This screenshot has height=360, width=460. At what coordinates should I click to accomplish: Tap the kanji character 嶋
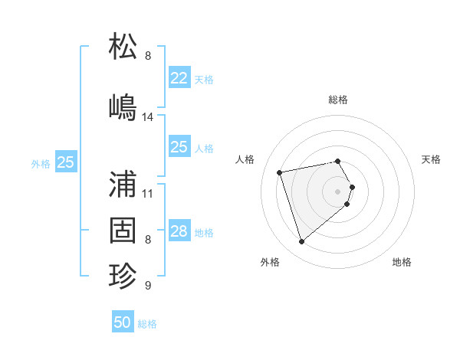point(123,106)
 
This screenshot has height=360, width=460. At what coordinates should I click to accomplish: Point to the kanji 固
point(123,230)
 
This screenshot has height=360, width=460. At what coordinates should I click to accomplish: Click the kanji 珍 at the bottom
point(123,276)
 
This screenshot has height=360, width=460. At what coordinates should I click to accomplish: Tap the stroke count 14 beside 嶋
point(148,117)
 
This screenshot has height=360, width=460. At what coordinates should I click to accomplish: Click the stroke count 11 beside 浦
point(148,193)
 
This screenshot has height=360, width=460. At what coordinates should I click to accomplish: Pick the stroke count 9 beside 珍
point(148,286)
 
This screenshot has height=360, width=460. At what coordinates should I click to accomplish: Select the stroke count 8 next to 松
point(148,56)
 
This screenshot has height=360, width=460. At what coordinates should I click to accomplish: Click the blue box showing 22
point(179,78)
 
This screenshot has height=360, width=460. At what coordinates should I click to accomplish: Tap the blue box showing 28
point(179,231)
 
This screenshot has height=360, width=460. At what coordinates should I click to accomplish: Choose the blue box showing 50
point(123,322)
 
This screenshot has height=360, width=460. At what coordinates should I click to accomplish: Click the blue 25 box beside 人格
point(179,147)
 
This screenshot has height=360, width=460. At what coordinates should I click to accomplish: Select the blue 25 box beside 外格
point(66,162)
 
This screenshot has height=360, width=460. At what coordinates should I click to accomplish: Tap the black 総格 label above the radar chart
point(338,100)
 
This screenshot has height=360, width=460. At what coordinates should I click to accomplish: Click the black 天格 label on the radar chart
point(431,159)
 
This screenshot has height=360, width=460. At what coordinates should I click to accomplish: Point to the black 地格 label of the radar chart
point(402,262)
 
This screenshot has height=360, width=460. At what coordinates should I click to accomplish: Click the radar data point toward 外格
point(301,242)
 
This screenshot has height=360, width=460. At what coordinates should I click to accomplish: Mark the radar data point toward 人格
point(280,172)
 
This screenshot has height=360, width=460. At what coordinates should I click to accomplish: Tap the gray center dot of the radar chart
point(337,191)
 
